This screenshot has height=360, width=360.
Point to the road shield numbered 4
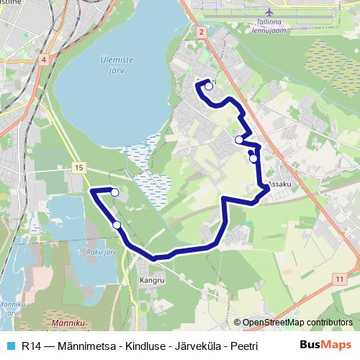click(x=44, y=60)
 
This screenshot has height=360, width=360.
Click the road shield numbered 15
click(x=78, y=167)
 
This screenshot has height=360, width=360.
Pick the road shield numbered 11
click(x=339, y=278)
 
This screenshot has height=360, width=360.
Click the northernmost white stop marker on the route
click(x=209, y=86)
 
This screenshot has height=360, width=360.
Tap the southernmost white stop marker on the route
click(x=117, y=225)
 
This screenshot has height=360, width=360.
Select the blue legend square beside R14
click(x=9, y=346)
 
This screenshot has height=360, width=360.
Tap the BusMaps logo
click(x=325, y=345)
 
